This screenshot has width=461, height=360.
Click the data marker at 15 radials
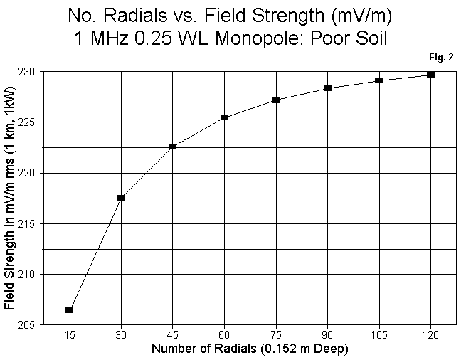[70, 310]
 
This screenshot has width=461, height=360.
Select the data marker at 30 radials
[122, 198]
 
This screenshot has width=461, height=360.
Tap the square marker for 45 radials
[173, 147]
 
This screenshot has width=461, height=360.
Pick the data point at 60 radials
[224, 117]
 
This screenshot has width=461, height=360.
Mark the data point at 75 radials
[276, 100]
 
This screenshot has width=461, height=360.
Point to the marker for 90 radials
[327, 88]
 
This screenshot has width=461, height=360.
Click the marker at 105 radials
[379, 80]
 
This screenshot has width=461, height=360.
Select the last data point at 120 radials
[430, 75]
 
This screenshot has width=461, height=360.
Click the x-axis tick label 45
[173, 335]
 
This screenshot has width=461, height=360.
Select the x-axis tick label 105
[379, 335]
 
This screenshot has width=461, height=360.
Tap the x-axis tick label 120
[430, 335]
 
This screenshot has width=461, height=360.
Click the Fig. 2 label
[442, 57]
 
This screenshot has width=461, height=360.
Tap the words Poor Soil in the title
[351, 38]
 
